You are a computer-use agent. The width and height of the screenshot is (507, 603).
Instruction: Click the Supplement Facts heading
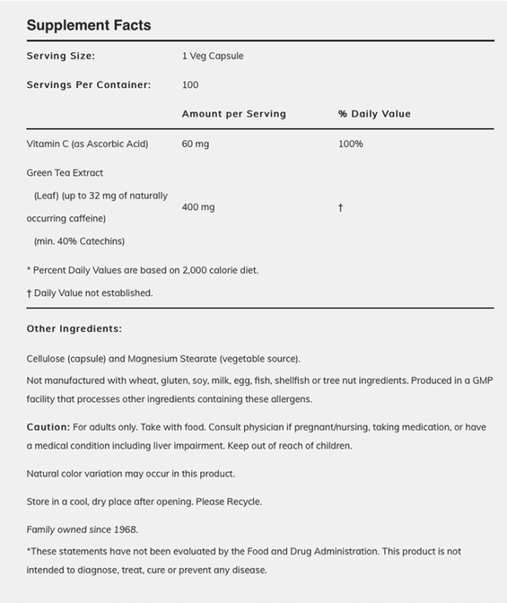[x=89, y=25]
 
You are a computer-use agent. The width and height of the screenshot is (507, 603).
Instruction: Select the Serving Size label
[x=61, y=56]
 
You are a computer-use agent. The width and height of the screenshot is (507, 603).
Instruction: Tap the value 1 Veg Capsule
[x=213, y=56]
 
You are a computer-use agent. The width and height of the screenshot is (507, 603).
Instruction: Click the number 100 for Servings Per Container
[x=190, y=85]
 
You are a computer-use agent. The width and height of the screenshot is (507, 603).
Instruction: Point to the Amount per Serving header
[x=234, y=113]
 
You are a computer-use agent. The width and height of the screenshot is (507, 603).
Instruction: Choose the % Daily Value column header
[x=374, y=113]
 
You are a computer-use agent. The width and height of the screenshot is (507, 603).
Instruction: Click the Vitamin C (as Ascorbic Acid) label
[x=87, y=144]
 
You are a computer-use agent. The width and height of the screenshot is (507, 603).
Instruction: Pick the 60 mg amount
[x=195, y=144]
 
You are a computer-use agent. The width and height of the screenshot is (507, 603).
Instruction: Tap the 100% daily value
[x=351, y=144]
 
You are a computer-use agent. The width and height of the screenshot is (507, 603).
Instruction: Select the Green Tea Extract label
[x=65, y=173]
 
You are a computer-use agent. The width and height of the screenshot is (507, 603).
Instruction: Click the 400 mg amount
[x=198, y=207]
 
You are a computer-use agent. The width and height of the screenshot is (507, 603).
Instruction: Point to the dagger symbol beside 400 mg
[x=340, y=207]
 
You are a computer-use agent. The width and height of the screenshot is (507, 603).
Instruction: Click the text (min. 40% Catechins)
[x=79, y=241]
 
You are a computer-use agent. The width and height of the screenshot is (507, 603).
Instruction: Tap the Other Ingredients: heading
[x=74, y=328]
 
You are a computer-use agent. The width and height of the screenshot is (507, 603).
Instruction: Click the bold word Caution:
[x=47, y=427]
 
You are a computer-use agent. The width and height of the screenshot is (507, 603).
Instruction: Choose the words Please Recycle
[x=232, y=502]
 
